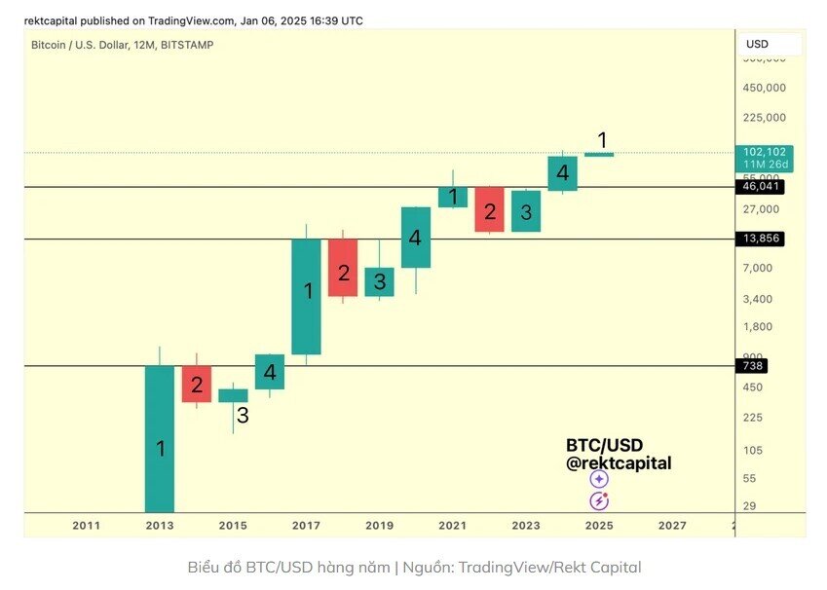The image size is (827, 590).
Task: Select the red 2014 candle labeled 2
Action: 197,384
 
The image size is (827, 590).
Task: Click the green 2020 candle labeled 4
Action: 416,237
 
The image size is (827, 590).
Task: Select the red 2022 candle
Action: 489,209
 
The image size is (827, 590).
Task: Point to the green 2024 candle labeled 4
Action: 562,173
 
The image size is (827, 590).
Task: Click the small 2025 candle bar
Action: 599,154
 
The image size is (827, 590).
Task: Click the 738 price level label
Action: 753,366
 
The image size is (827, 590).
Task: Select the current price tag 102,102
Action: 765,152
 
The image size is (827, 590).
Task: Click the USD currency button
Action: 769,44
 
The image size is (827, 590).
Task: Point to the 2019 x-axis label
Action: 379,525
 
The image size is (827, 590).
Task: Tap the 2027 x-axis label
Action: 672,525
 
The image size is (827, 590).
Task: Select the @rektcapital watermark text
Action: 619,463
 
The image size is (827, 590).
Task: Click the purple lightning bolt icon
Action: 599,501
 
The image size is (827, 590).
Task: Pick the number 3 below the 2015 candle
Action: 242,416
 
